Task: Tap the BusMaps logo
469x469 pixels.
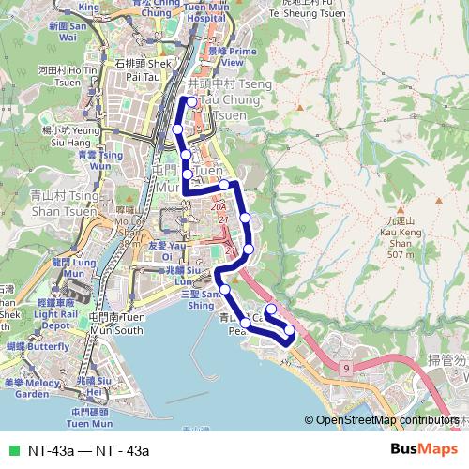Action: [423, 450]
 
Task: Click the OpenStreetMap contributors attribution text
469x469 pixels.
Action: [386, 420]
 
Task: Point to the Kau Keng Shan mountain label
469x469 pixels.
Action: [400, 236]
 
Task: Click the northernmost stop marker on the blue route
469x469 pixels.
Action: [192, 101]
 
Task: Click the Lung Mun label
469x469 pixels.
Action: [75, 265]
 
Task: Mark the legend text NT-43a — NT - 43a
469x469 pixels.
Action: [88, 451]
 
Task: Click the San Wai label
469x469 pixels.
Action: [67, 33]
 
